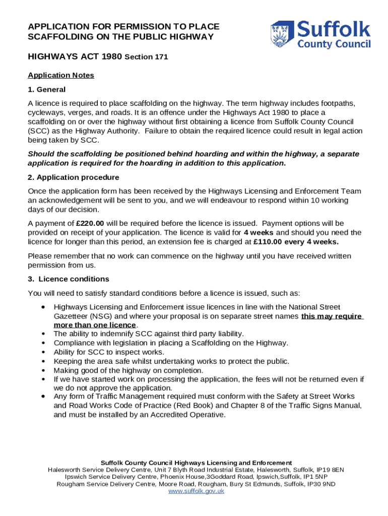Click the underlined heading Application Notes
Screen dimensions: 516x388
(61, 75)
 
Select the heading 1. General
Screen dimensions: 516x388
(46, 89)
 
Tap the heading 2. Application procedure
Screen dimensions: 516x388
(74, 177)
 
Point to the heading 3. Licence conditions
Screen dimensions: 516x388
(69, 279)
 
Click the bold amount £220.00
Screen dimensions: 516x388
(90, 223)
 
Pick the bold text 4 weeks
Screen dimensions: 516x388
(259, 232)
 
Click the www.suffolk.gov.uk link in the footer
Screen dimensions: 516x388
(196, 491)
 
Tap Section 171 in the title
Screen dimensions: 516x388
(146, 57)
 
